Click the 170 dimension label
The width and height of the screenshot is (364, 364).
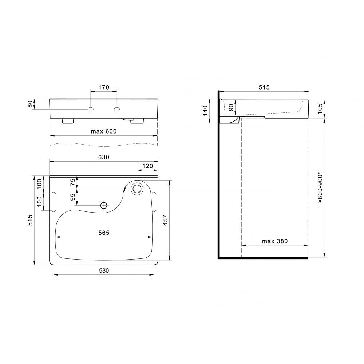(104, 87)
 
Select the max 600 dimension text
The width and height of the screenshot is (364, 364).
(104, 131)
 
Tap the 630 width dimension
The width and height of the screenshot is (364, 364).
(104, 157)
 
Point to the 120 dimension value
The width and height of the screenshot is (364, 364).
(148, 166)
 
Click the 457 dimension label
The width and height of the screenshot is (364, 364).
(165, 220)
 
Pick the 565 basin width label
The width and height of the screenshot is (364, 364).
(104, 233)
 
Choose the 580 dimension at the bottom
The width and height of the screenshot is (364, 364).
(104, 271)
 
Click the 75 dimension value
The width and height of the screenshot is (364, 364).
(73, 182)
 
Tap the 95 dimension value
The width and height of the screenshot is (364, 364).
(73, 197)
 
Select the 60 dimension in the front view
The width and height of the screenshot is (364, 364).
(30, 104)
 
